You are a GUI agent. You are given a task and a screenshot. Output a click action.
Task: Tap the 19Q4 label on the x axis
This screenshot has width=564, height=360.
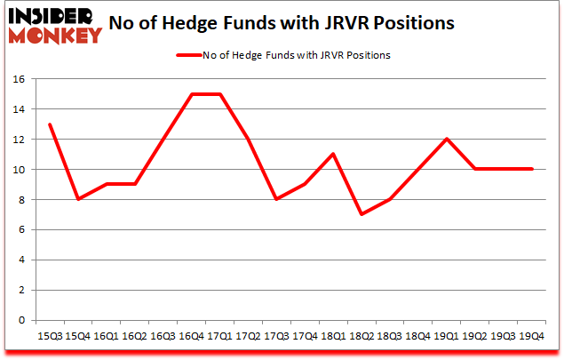tap(530, 335)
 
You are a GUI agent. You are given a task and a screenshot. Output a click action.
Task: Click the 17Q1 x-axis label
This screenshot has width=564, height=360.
tap(218, 335)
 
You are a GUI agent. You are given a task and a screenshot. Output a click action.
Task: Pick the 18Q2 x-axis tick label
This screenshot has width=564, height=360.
tap(360, 335)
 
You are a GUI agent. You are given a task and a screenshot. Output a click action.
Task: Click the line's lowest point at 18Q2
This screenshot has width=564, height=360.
tap(360, 214)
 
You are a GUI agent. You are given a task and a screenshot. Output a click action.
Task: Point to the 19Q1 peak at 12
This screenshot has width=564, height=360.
tap(445, 139)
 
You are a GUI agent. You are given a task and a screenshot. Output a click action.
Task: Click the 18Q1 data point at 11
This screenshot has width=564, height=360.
tap(331, 154)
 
